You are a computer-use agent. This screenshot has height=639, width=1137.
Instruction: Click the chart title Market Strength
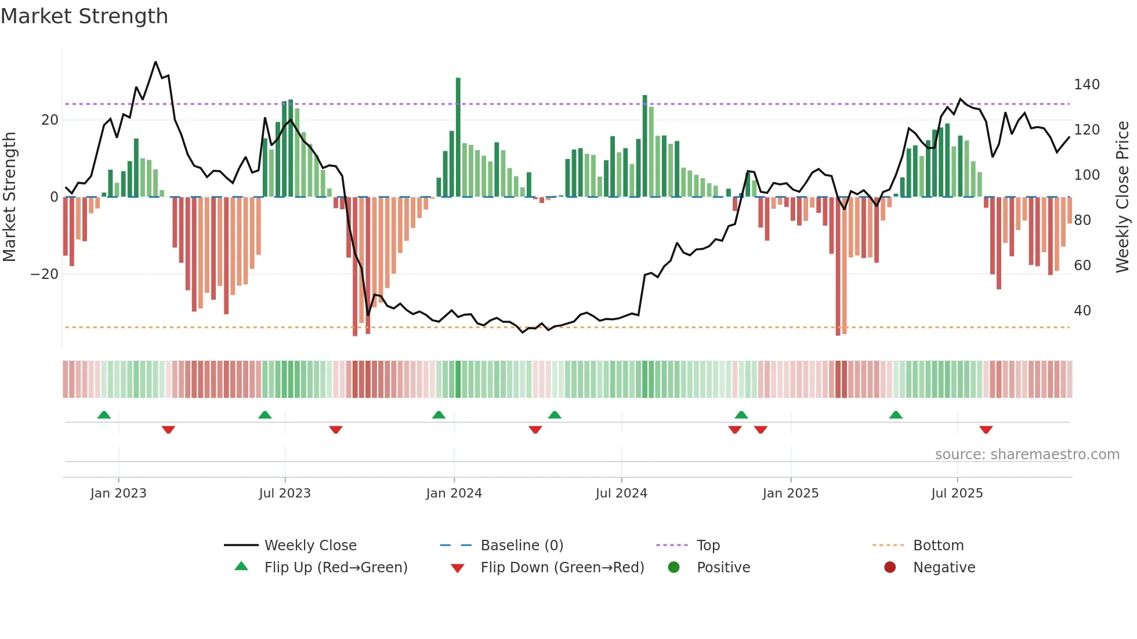[x=84, y=16]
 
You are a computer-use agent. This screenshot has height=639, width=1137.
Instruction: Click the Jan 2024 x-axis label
[x=454, y=493]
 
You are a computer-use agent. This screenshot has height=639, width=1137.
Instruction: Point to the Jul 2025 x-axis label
[x=957, y=493]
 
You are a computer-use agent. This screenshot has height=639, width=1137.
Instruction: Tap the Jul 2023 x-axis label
[x=285, y=493]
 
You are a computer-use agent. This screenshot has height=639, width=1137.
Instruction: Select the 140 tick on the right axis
[x=1087, y=85]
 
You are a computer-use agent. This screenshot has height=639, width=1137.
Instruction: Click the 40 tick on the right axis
[x=1082, y=311]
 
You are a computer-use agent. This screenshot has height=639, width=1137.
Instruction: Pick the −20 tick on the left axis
[x=45, y=274]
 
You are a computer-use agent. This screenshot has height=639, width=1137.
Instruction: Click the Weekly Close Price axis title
[x=1122, y=197]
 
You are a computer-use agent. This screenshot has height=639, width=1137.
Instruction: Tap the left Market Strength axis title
[x=9, y=197]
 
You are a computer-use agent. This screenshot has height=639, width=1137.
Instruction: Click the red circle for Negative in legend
[x=890, y=568]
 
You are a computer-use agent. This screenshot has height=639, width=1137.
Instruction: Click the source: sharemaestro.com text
[x=1027, y=455]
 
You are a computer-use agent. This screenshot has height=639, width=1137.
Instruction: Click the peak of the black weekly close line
[x=155, y=62]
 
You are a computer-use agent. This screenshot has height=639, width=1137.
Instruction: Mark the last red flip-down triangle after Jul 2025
[x=986, y=430]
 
